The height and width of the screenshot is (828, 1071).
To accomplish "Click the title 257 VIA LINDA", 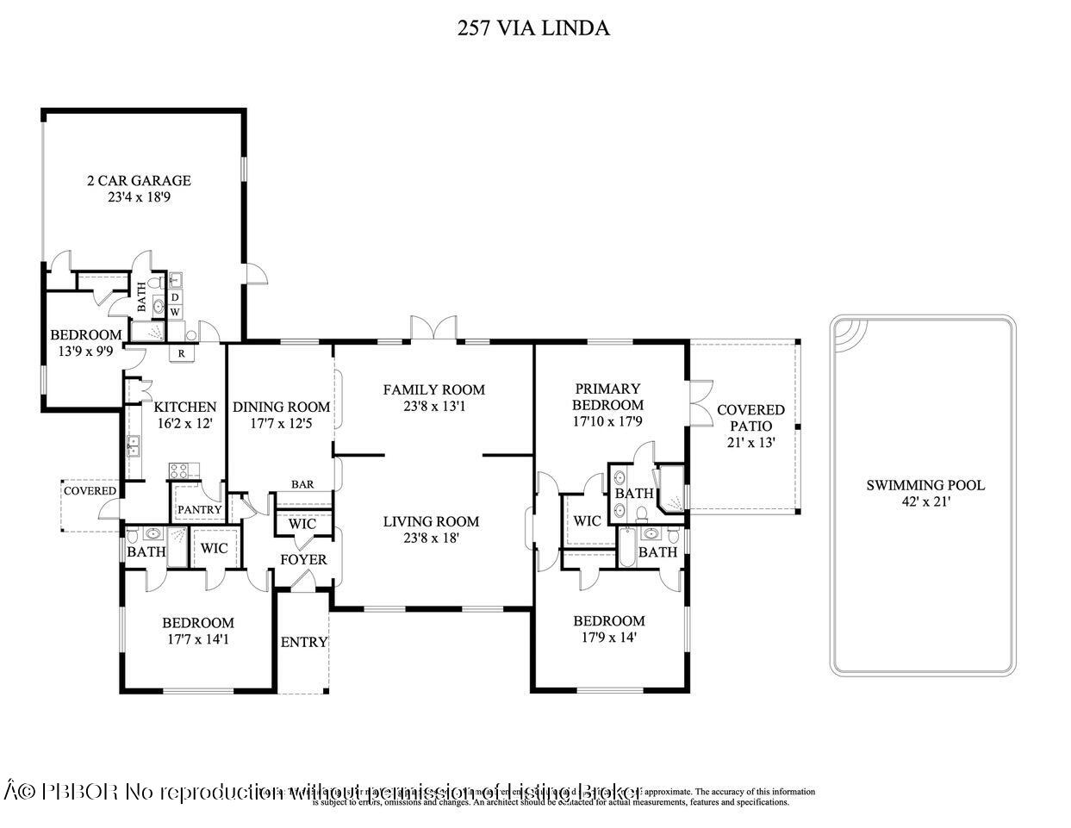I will pos(533,28).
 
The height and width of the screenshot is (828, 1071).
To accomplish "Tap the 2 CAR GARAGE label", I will pos(139,181).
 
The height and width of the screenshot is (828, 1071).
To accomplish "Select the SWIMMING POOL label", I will pos(925,485).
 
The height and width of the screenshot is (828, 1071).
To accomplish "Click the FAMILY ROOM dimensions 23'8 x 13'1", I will pos(433,406).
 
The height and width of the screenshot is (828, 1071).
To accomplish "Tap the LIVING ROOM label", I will pos(431,521).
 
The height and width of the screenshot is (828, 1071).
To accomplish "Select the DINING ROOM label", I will pos(281,407).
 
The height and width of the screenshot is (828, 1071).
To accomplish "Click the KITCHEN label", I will pos(184,407).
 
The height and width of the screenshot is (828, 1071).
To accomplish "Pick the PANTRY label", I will pos(199,509).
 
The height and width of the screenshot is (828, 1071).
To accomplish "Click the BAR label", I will pos(302,484).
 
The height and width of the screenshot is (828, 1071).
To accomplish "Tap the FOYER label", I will pos(303,560).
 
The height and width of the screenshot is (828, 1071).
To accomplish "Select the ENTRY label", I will pos(304,642).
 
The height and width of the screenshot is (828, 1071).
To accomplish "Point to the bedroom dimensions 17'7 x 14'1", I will pos(198,639).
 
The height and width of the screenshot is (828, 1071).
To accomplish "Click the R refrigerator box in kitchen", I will pos(183,352).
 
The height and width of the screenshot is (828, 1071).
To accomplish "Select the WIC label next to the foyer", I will pos(302,524).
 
